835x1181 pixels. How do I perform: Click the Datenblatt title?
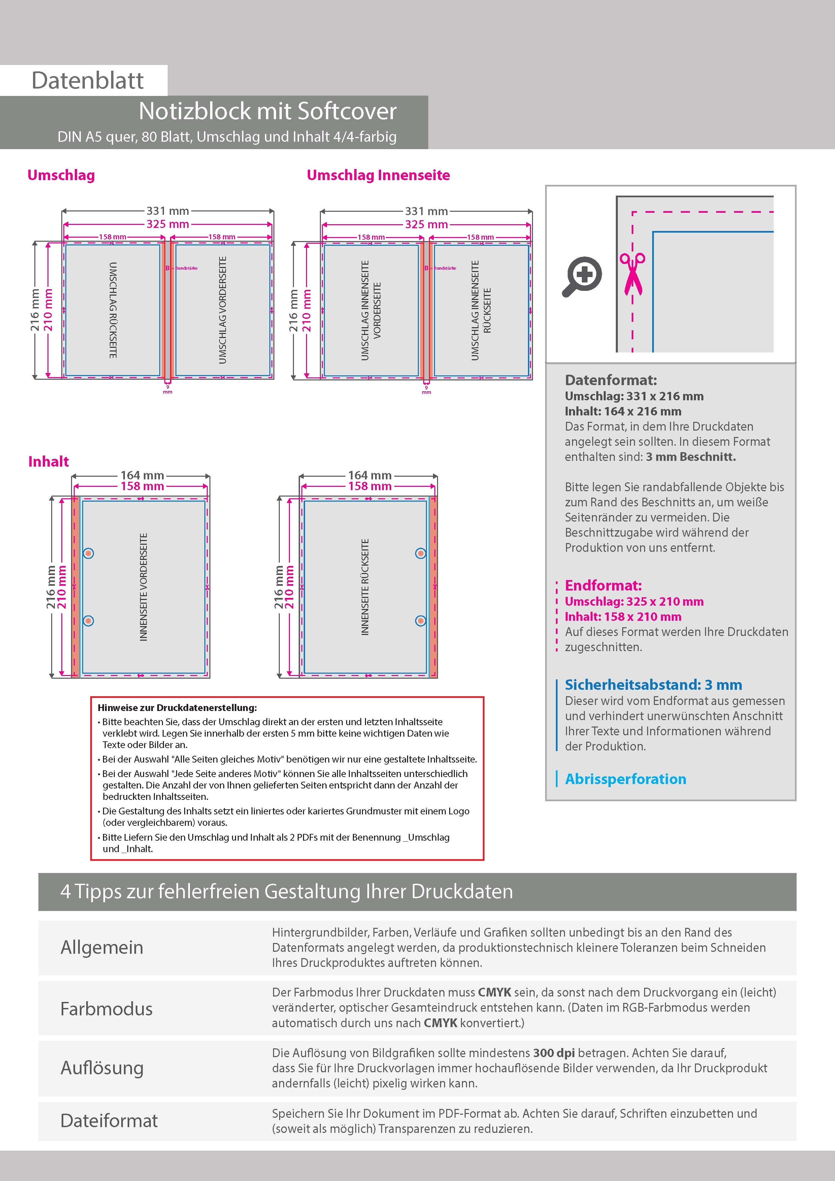(88, 81)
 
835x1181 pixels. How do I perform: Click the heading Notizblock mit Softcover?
(268, 111)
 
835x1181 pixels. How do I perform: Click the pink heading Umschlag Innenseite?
(378, 175)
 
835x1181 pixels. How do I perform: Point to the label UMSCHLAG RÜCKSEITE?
(113, 310)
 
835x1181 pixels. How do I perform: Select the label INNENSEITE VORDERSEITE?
(143, 587)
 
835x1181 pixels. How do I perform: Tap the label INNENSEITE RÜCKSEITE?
(365, 587)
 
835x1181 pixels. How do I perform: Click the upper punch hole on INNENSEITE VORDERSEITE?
(89, 553)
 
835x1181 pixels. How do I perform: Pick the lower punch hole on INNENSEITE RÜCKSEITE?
(421, 621)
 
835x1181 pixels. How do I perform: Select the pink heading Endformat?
(603, 585)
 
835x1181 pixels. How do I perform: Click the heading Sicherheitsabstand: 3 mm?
(654, 685)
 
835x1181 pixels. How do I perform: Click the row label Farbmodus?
(106, 1009)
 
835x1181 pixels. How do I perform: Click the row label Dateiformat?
(109, 1120)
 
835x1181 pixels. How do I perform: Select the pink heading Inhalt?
(48, 462)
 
